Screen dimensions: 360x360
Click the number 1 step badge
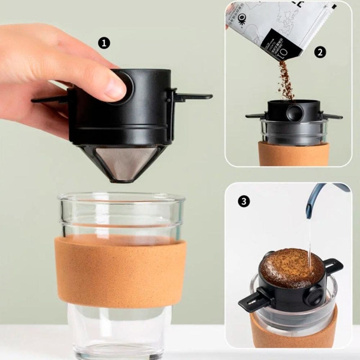[x=104, y=44]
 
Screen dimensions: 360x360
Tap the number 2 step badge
[x=320, y=53]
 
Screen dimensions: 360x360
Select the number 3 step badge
[x=244, y=201]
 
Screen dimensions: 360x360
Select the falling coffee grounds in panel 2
[x=286, y=81]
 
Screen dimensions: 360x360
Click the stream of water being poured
[x=309, y=241]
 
